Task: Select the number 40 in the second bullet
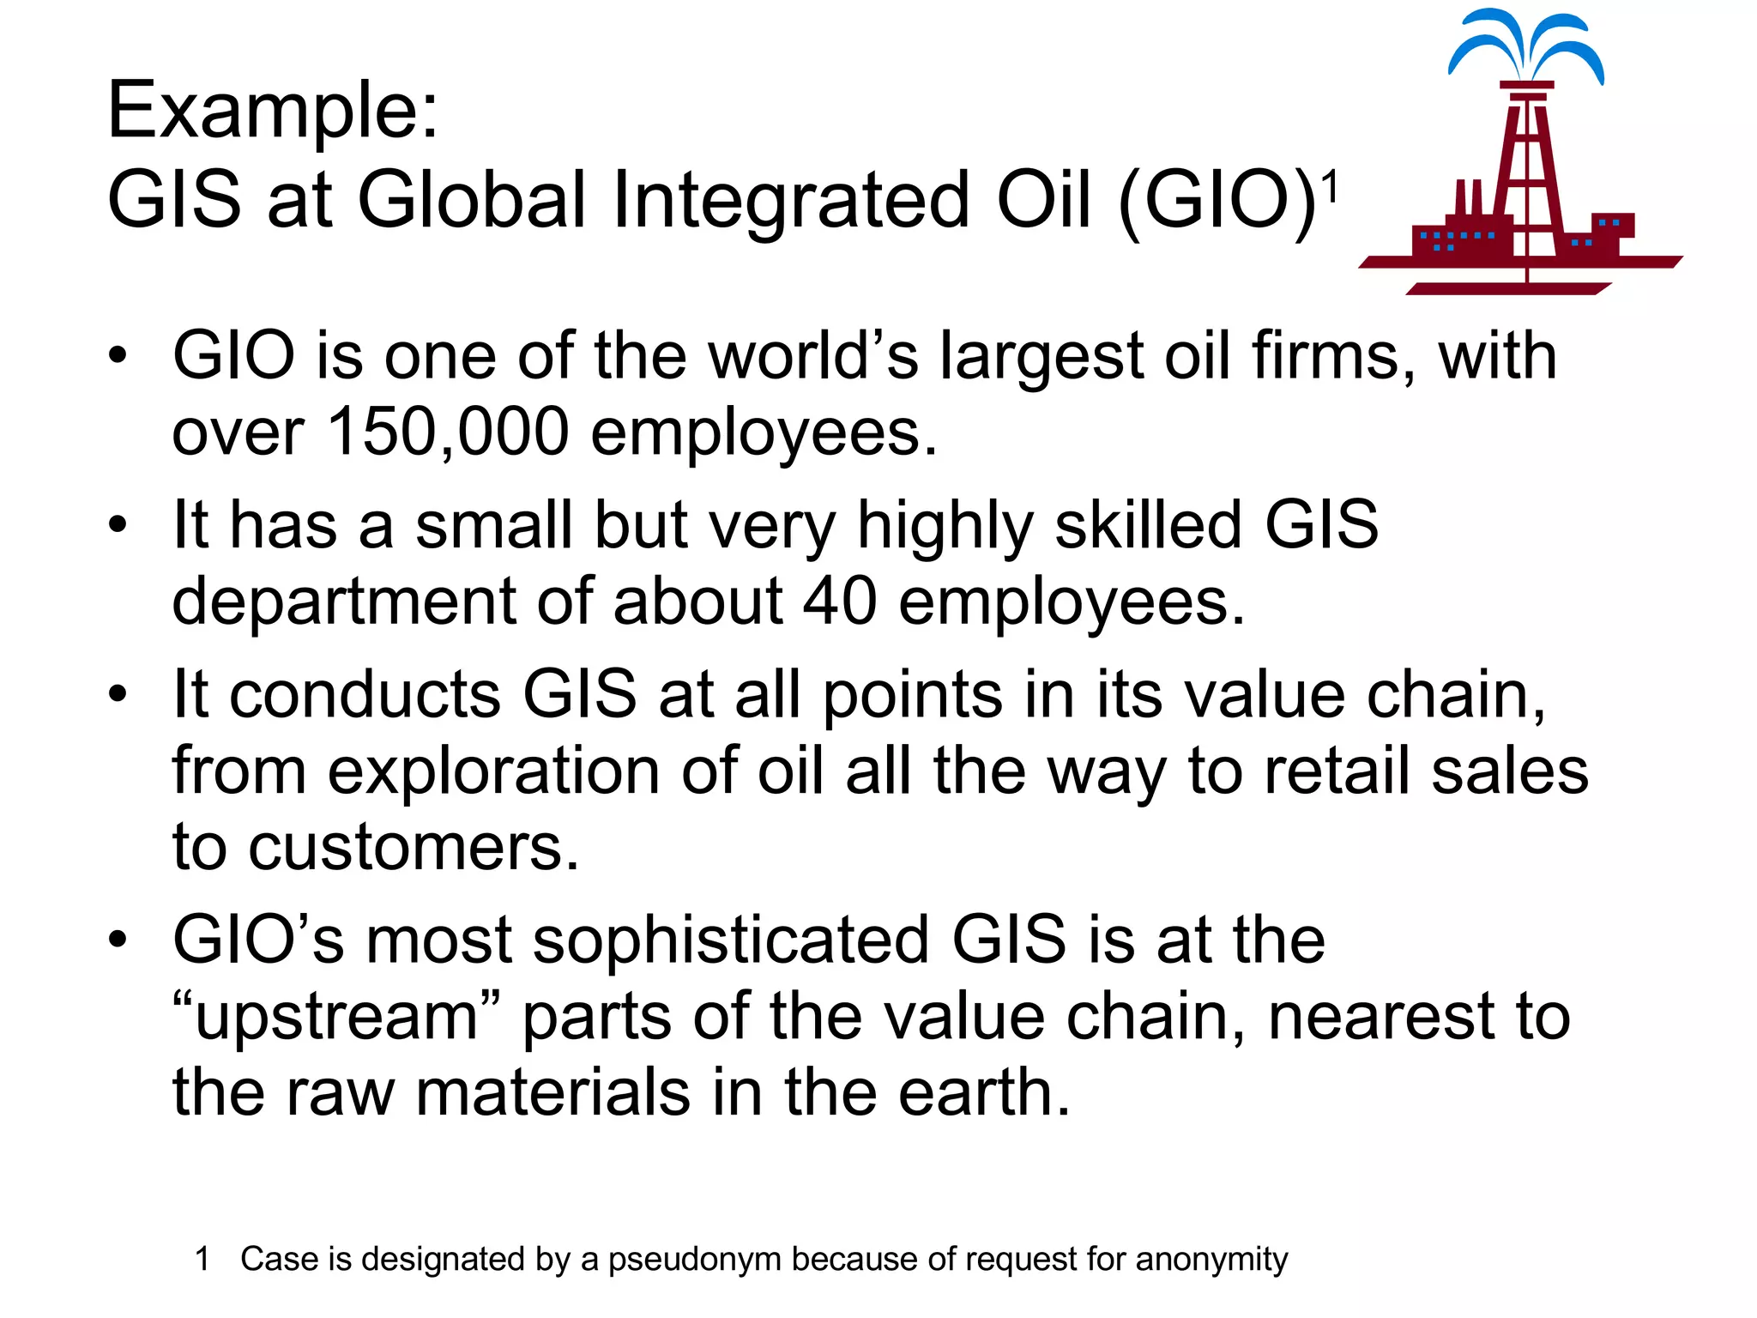click(840, 601)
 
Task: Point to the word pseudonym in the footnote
click(695, 1260)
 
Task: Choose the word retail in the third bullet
click(1337, 771)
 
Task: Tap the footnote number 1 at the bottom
click(202, 1260)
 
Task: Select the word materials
click(553, 1093)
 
